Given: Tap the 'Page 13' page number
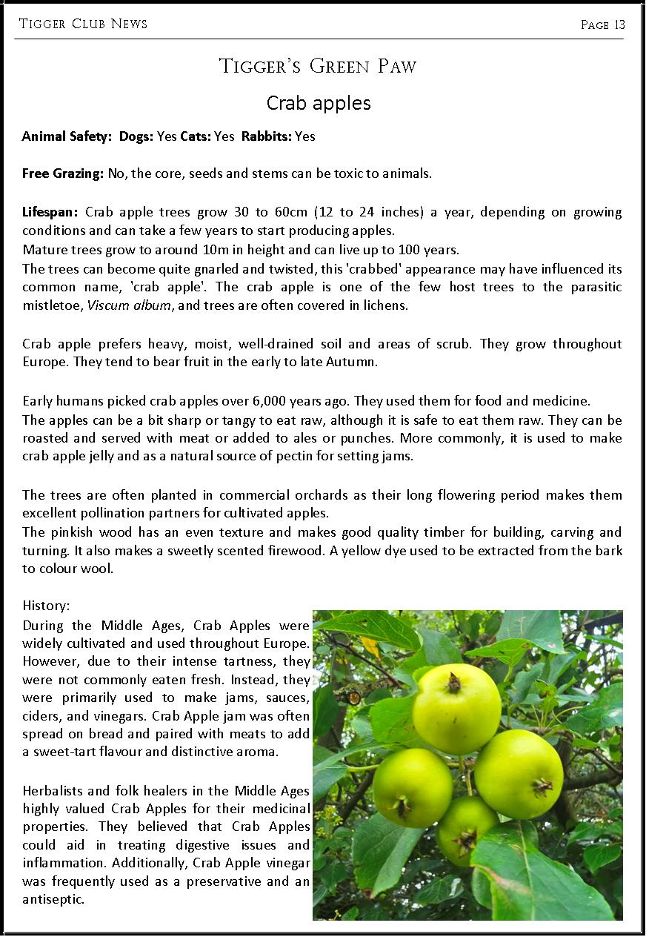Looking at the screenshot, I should [603, 25].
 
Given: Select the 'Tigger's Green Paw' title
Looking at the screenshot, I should [318, 67].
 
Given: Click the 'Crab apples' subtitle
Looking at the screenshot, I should [319, 103].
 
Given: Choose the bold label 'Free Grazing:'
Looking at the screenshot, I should [62, 174].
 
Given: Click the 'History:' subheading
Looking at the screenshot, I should [46, 606].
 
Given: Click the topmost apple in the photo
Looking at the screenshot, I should [456, 707].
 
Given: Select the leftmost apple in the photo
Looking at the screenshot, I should [413, 787].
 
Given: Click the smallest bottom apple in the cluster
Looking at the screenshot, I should [467, 830].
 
